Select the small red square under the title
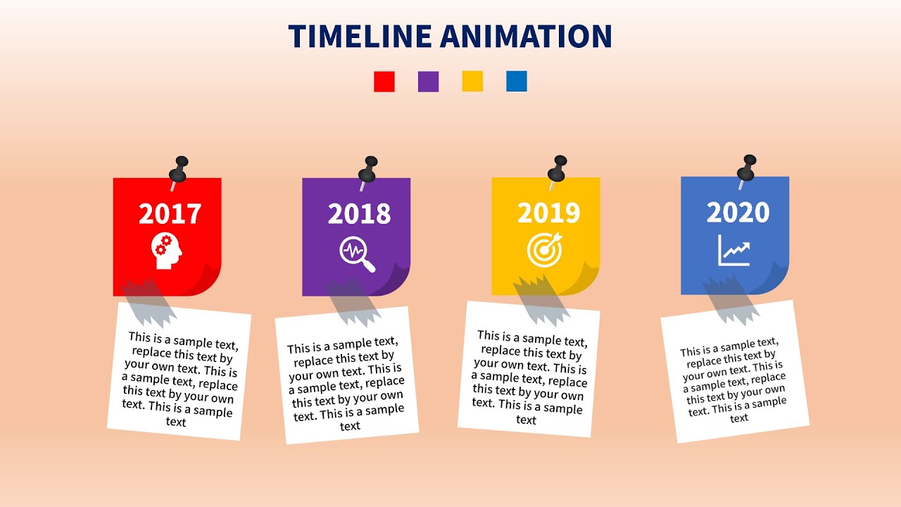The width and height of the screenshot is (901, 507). pos(384,82)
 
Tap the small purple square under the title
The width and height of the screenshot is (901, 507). pos(428,82)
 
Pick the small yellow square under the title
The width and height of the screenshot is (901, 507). pos(472,82)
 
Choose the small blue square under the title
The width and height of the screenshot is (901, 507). pos(516,82)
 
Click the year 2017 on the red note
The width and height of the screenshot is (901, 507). pos(170,214)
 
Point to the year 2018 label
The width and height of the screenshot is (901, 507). pos(359,214)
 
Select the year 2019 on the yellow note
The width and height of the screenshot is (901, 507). pos(548,213)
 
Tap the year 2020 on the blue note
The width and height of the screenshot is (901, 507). pos(738,212)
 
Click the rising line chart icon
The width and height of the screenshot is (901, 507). pos(735,250)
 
